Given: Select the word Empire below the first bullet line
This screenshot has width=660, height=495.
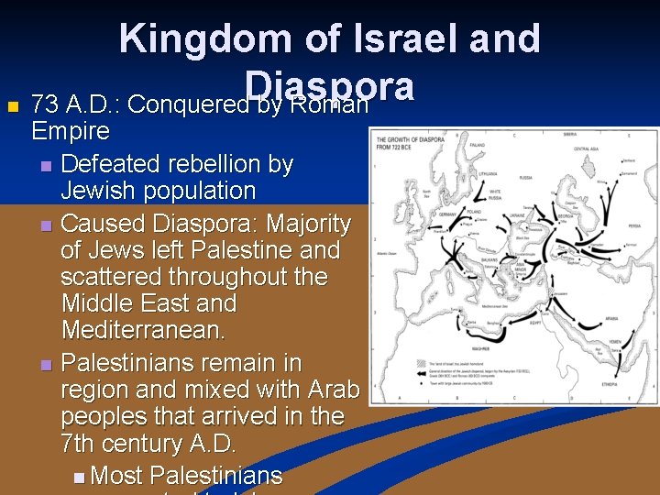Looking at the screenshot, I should click(71, 132).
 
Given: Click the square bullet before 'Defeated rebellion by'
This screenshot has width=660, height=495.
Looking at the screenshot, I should click(47, 166).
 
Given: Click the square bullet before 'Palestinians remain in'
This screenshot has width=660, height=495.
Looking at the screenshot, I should click(47, 365).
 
